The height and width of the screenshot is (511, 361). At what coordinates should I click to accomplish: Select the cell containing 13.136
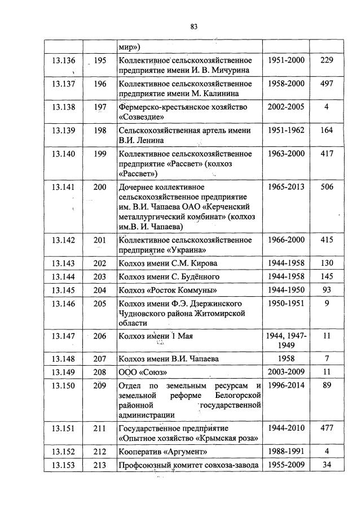63,60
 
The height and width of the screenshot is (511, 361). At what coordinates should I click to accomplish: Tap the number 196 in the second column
100,84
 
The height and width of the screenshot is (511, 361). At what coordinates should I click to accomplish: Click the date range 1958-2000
286,84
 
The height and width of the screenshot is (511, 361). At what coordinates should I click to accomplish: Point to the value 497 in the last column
326,84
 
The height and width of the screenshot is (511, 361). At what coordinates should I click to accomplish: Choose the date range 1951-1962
286,131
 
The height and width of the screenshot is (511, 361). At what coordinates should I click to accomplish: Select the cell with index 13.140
63,154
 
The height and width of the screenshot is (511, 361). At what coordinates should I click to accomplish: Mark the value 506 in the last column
326,187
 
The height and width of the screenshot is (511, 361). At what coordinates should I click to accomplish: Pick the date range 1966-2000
286,240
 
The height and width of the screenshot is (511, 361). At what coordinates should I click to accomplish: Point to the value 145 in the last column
326,277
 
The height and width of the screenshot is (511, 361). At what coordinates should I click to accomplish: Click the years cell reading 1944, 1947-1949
286,340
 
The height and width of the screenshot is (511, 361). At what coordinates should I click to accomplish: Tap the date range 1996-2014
286,386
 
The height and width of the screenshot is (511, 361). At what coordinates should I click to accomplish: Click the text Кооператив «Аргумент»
160,452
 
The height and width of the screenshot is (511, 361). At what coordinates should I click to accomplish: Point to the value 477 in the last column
326,428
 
